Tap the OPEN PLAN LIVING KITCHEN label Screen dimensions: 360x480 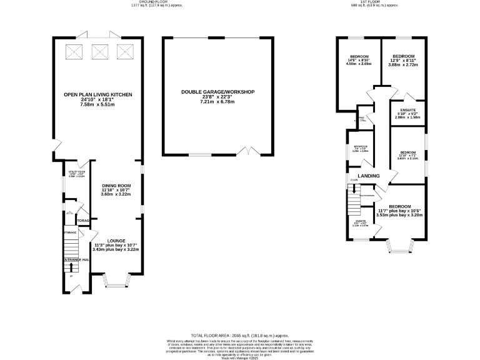click(x=96, y=95)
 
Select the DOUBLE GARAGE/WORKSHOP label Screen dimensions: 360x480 click(x=218, y=92)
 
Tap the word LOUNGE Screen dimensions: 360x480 click(x=116, y=241)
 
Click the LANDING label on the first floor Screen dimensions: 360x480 click(x=368, y=176)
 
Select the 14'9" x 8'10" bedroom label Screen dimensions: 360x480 click(x=359, y=57)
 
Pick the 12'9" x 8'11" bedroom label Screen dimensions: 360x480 click(x=403, y=57)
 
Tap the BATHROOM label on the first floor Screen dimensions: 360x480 click(x=361, y=148)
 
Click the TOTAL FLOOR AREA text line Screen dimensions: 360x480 click(x=240, y=335)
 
